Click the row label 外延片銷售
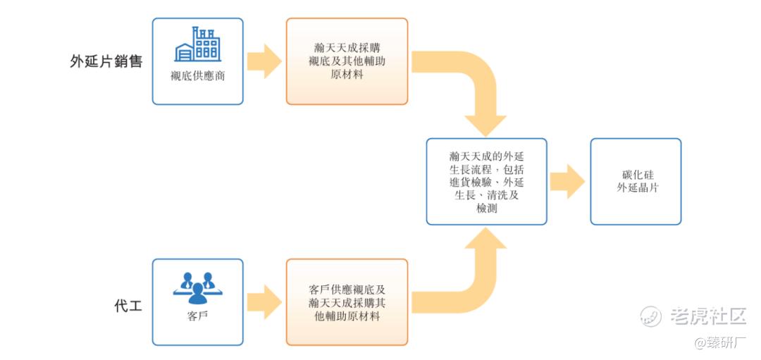[x=106, y=61]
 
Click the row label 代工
[x=128, y=306]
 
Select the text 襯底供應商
[x=197, y=76]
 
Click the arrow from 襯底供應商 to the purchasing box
[x=264, y=61]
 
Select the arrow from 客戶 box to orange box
[x=264, y=302]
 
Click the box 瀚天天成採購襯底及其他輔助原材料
[x=347, y=61]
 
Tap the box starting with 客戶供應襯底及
[x=347, y=302]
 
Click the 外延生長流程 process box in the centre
[x=486, y=182]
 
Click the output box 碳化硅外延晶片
[x=636, y=182]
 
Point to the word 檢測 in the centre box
[x=486, y=209]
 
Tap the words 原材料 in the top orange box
[x=347, y=74]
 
